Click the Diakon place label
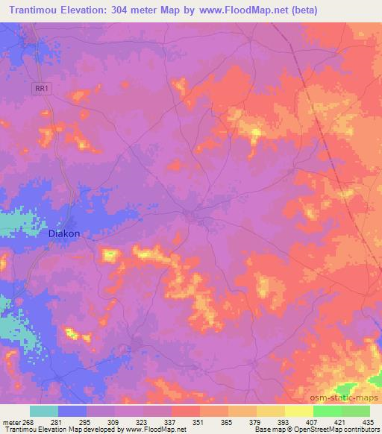click(x=63, y=233)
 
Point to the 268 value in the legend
click(x=28, y=421)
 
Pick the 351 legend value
click(x=198, y=421)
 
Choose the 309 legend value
click(x=113, y=421)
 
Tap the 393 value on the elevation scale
click(x=284, y=421)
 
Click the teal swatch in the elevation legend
click(x=44, y=411)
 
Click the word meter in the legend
click(x=10, y=421)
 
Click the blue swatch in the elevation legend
click(x=72, y=411)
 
